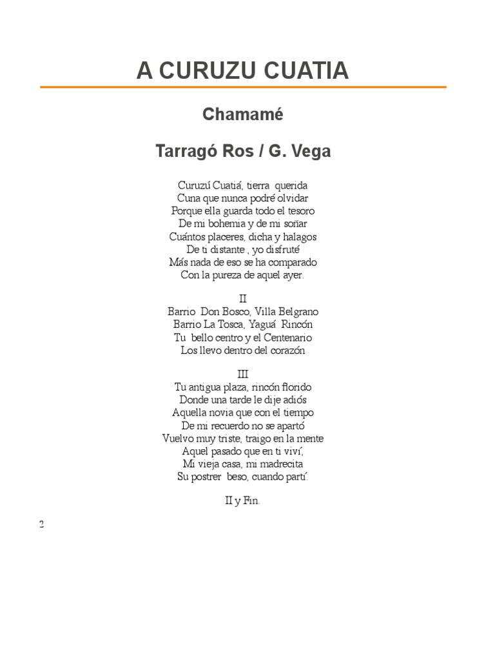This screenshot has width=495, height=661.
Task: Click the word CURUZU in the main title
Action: (x=203, y=71)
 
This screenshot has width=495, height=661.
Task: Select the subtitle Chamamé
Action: (x=242, y=115)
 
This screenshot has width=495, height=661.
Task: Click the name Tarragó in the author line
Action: (x=185, y=152)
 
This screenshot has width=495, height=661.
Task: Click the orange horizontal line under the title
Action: (x=242, y=86)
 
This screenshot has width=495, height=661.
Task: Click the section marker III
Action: (x=242, y=374)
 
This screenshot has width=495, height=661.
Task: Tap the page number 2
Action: (x=42, y=524)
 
